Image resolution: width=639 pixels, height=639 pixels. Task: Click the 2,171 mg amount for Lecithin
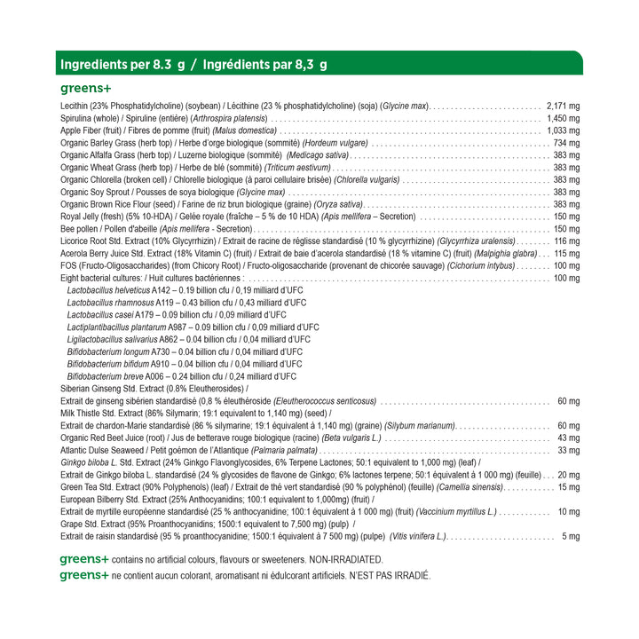pyautogui.click(x=563, y=106)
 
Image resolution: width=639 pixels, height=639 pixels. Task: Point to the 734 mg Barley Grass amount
pyautogui.click(x=566, y=143)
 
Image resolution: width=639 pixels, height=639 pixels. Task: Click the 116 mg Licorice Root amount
pyautogui.click(x=566, y=241)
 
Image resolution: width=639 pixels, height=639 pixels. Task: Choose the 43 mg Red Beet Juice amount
pyautogui.click(x=568, y=438)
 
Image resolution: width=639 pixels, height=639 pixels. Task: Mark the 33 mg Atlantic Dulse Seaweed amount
pyautogui.click(x=568, y=451)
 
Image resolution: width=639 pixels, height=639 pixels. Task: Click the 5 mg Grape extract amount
pyautogui.click(x=571, y=537)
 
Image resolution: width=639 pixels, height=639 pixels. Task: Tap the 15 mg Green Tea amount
pyautogui.click(x=568, y=487)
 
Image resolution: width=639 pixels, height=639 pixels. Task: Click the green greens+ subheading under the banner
pyautogui.click(x=85, y=89)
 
